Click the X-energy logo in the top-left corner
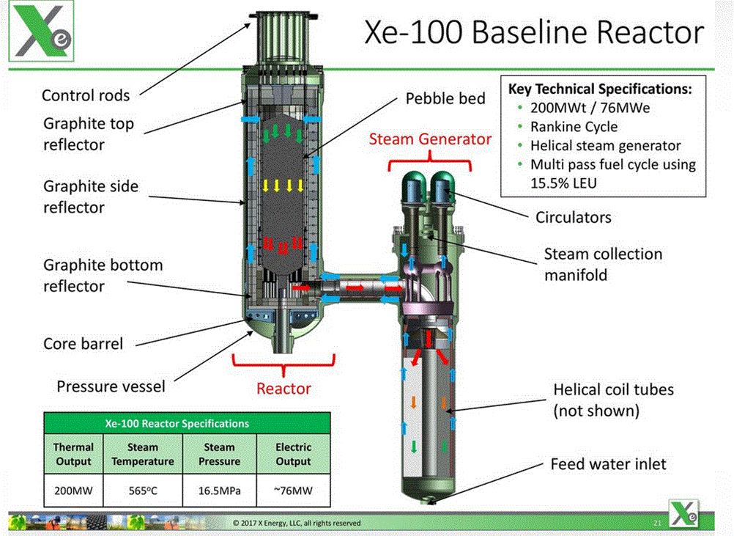tap(41, 31)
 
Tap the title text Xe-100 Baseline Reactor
tap(534, 32)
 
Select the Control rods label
tap(86, 95)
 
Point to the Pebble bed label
tap(445, 98)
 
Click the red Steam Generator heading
tap(430, 139)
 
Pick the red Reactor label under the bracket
tap(283, 389)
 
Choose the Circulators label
tap(574, 217)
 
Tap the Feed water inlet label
tap(608, 464)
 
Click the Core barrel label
tap(84, 343)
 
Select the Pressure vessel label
tap(111, 386)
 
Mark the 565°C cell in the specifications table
tap(143, 491)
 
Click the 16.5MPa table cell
tap(220, 491)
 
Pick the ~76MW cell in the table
tap(294, 491)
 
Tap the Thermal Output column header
tap(73, 454)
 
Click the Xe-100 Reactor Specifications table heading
tap(177, 424)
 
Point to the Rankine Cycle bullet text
tap(574, 127)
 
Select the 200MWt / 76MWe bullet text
tap(590, 108)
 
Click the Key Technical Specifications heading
tap(600, 89)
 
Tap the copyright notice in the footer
tap(297, 523)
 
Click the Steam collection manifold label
tap(603, 264)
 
